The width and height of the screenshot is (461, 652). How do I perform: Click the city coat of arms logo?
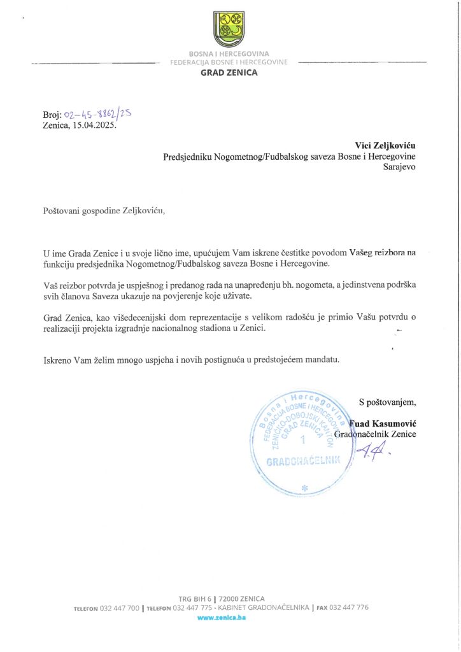pos(229,29)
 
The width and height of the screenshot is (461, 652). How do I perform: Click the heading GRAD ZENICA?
pos(229,73)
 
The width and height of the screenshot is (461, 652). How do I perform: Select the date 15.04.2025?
pos(96,125)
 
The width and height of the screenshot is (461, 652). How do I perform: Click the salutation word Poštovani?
pos(64,210)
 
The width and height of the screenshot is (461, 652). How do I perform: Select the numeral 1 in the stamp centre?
pos(303,440)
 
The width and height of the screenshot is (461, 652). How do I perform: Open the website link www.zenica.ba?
pos(221,618)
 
